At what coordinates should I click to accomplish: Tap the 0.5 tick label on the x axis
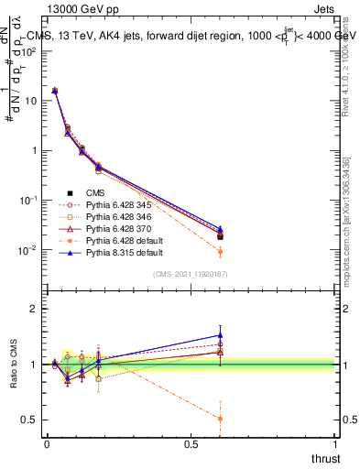(191, 442)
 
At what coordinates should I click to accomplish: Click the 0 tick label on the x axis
(46, 442)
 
